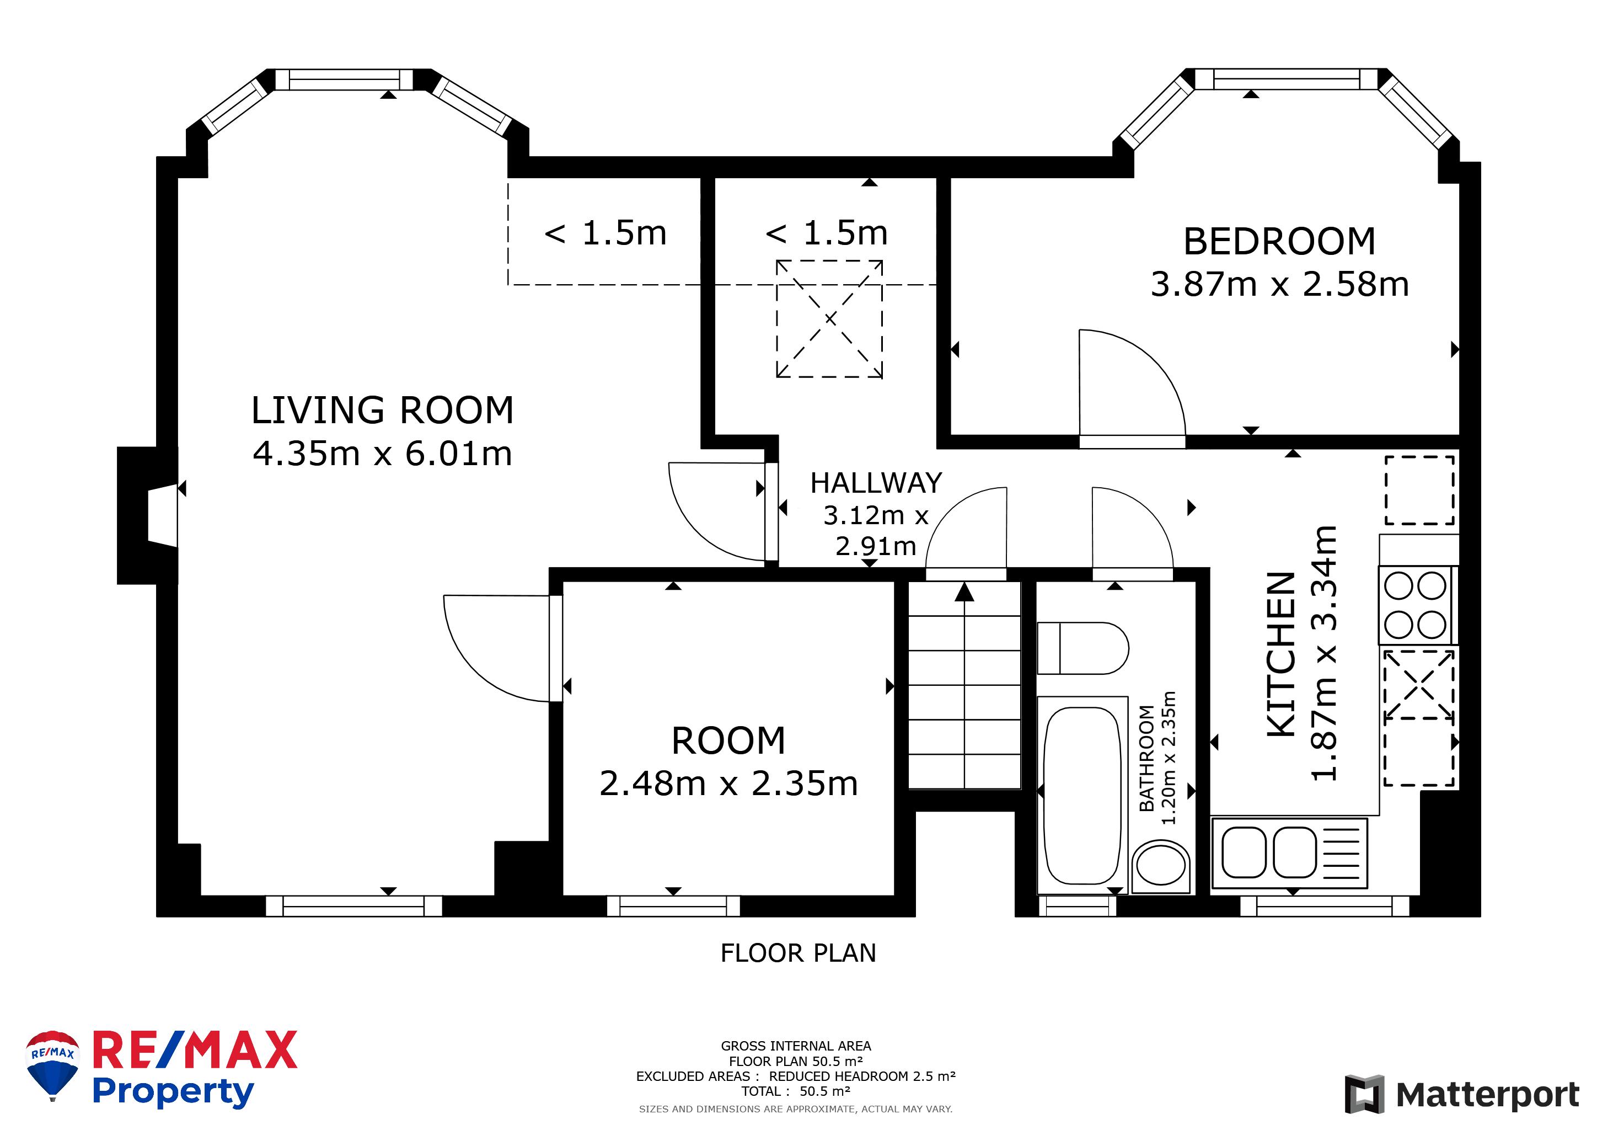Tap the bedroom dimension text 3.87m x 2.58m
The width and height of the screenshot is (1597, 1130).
[x=1280, y=284]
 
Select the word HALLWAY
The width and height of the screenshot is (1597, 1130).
[x=876, y=483]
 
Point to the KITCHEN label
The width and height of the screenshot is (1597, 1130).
[x=1281, y=654]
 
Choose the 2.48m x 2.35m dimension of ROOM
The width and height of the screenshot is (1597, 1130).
[x=728, y=783]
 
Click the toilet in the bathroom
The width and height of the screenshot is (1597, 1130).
[x=1082, y=648]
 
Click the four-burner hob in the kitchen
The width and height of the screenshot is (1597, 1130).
[x=1416, y=605]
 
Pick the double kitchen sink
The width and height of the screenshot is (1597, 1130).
[x=1289, y=853]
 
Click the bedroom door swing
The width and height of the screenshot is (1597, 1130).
[x=1132, y=383]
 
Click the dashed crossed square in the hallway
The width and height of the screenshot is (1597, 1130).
[x=829, y=319]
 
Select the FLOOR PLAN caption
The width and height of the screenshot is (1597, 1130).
[x=798, y=952]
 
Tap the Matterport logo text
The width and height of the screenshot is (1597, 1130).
[x=1488, y=1095]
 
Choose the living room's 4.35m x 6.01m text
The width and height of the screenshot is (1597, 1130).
[x=382, y=454]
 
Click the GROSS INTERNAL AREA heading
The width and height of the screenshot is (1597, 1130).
[x=796, y=1046]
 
